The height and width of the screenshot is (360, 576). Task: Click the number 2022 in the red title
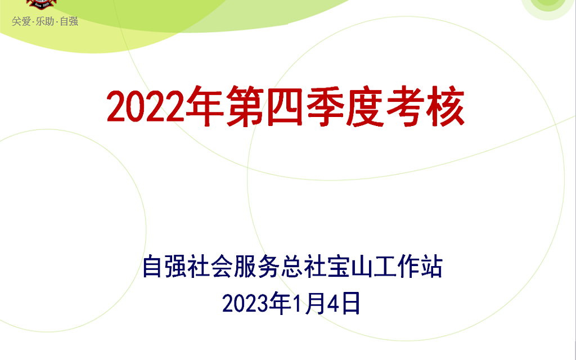[146, 106]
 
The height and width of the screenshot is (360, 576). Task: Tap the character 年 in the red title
[205, 106]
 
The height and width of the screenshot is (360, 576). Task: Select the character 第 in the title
[245, 106]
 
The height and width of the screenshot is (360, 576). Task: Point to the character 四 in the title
[285, 106]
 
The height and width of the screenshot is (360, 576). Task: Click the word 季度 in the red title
[345, 106]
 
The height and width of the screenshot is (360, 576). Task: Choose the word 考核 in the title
[425, 106]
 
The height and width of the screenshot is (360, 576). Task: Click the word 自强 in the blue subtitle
[164, 266]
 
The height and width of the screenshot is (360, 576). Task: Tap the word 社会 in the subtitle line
[210, 266]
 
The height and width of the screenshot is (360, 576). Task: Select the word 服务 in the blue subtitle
[256, 266]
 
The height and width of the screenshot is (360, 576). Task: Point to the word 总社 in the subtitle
[302, 266]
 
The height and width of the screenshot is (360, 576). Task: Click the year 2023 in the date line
[245, 303]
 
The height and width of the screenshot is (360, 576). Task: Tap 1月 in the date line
[303, 303]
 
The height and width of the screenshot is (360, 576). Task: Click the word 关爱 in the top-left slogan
[21, 21]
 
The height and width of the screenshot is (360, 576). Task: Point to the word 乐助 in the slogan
[45, 21]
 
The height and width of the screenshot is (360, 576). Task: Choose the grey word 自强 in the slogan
[69, 21]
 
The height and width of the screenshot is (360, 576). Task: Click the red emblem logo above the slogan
[41, 4]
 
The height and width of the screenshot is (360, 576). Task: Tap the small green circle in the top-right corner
[548, 5]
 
